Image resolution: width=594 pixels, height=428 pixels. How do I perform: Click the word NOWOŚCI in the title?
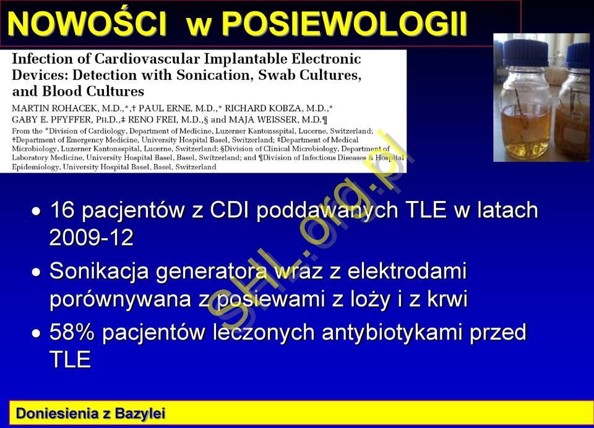pyautogui.click(x=87, y=24)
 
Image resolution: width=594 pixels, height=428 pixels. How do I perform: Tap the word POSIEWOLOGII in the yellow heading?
pyautogui.click(x=344, y=24)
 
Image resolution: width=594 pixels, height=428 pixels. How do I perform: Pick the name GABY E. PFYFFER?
pyautogui.click(x=51, y=120)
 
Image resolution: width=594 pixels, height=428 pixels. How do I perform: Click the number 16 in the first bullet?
pyautogui.click(x=62, y=210)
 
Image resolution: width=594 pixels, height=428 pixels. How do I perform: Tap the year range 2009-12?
pyautogui.click(x=92, y=238)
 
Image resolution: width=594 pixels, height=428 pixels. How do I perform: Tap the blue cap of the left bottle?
pyautogui.click(x=526, y=53)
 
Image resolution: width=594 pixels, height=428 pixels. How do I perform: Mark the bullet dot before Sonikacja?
pyautogui.click(x=37, y=272)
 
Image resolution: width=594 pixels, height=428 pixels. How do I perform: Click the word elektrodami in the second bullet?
pyautogui.click(x=407, y=271)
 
